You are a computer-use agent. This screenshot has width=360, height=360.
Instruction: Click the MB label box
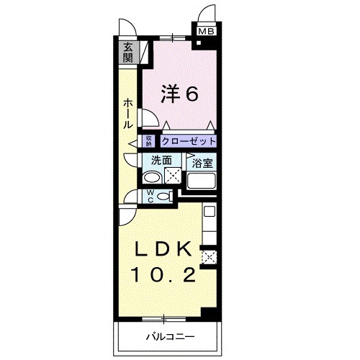206,31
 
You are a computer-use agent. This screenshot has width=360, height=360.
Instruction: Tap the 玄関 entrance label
128,53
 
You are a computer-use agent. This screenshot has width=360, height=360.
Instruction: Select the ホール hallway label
127,113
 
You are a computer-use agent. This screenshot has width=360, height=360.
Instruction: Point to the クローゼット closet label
188,142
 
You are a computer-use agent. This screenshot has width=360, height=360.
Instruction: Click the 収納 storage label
149,141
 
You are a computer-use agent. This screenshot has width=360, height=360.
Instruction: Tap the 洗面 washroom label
162,161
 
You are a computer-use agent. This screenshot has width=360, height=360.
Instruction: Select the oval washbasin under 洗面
152,177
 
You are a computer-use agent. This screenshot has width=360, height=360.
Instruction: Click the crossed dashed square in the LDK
209,256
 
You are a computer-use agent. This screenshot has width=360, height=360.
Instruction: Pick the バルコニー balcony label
167,336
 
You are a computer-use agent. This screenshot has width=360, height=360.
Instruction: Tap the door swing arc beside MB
206,13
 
